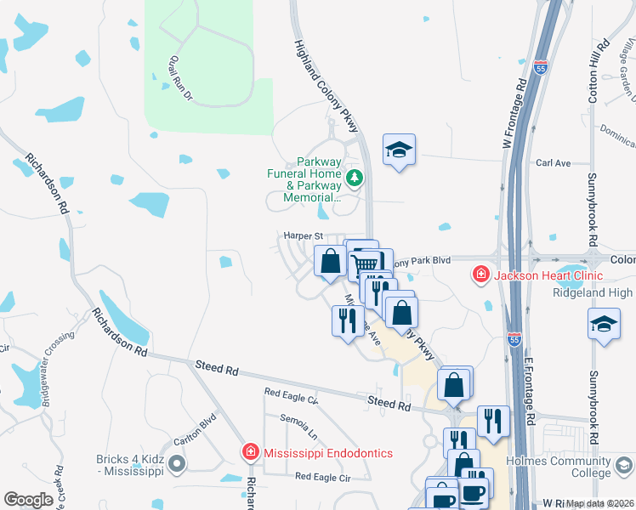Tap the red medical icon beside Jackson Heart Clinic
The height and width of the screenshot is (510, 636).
[481, 275]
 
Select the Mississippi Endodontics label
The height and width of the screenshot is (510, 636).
[328, 453]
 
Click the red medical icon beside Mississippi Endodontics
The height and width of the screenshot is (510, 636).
[250, 452]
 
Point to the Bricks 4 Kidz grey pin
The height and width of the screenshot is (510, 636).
[177, 463]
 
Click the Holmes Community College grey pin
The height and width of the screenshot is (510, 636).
[625, 465]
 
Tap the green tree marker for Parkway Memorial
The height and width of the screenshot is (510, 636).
[355, 178]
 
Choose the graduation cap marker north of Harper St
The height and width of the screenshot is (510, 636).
[399, 150]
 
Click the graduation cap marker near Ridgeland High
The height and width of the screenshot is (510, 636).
[604, 325]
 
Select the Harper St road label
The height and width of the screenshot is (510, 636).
[304, 235]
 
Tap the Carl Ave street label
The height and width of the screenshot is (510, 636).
[553, 163]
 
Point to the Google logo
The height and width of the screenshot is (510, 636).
[28, 500]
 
